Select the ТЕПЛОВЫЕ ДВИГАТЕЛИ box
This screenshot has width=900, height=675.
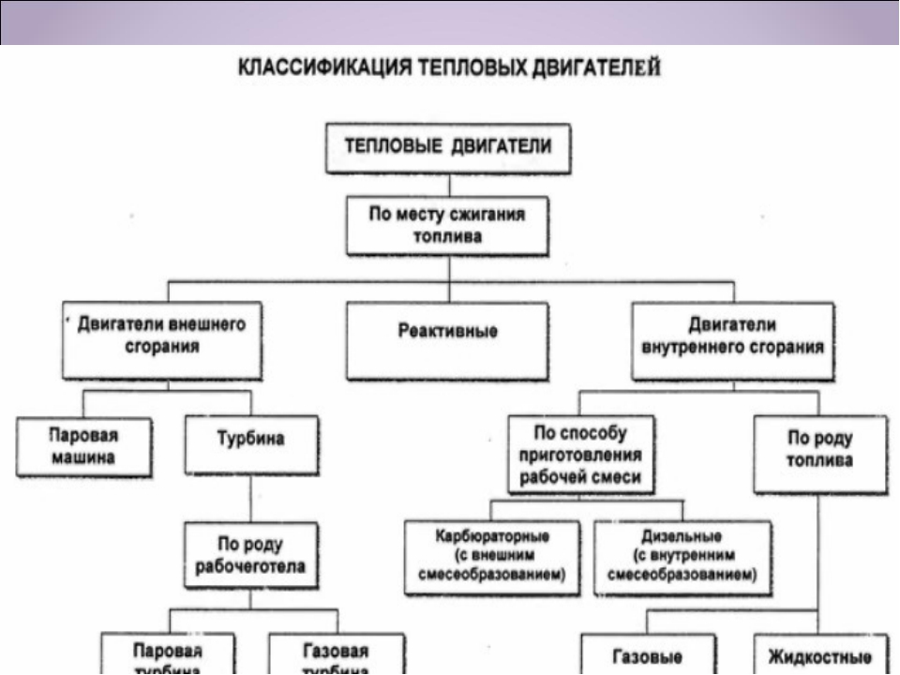point(447,149)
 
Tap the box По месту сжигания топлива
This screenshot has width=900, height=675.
point(447,225)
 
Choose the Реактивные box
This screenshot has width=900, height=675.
point(447,338)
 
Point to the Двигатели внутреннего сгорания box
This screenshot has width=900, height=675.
point(732,338)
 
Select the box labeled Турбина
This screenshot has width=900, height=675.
point(250,445)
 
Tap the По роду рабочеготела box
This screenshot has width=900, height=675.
point(250,554)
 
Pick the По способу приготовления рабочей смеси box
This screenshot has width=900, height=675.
point(581,455)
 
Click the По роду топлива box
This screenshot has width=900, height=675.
point(819,454)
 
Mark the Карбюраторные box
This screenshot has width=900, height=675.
point(492,557)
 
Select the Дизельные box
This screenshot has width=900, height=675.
point(682,557)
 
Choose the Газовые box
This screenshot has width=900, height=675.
point(647,655)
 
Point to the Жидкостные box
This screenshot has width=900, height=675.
point(819,655)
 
